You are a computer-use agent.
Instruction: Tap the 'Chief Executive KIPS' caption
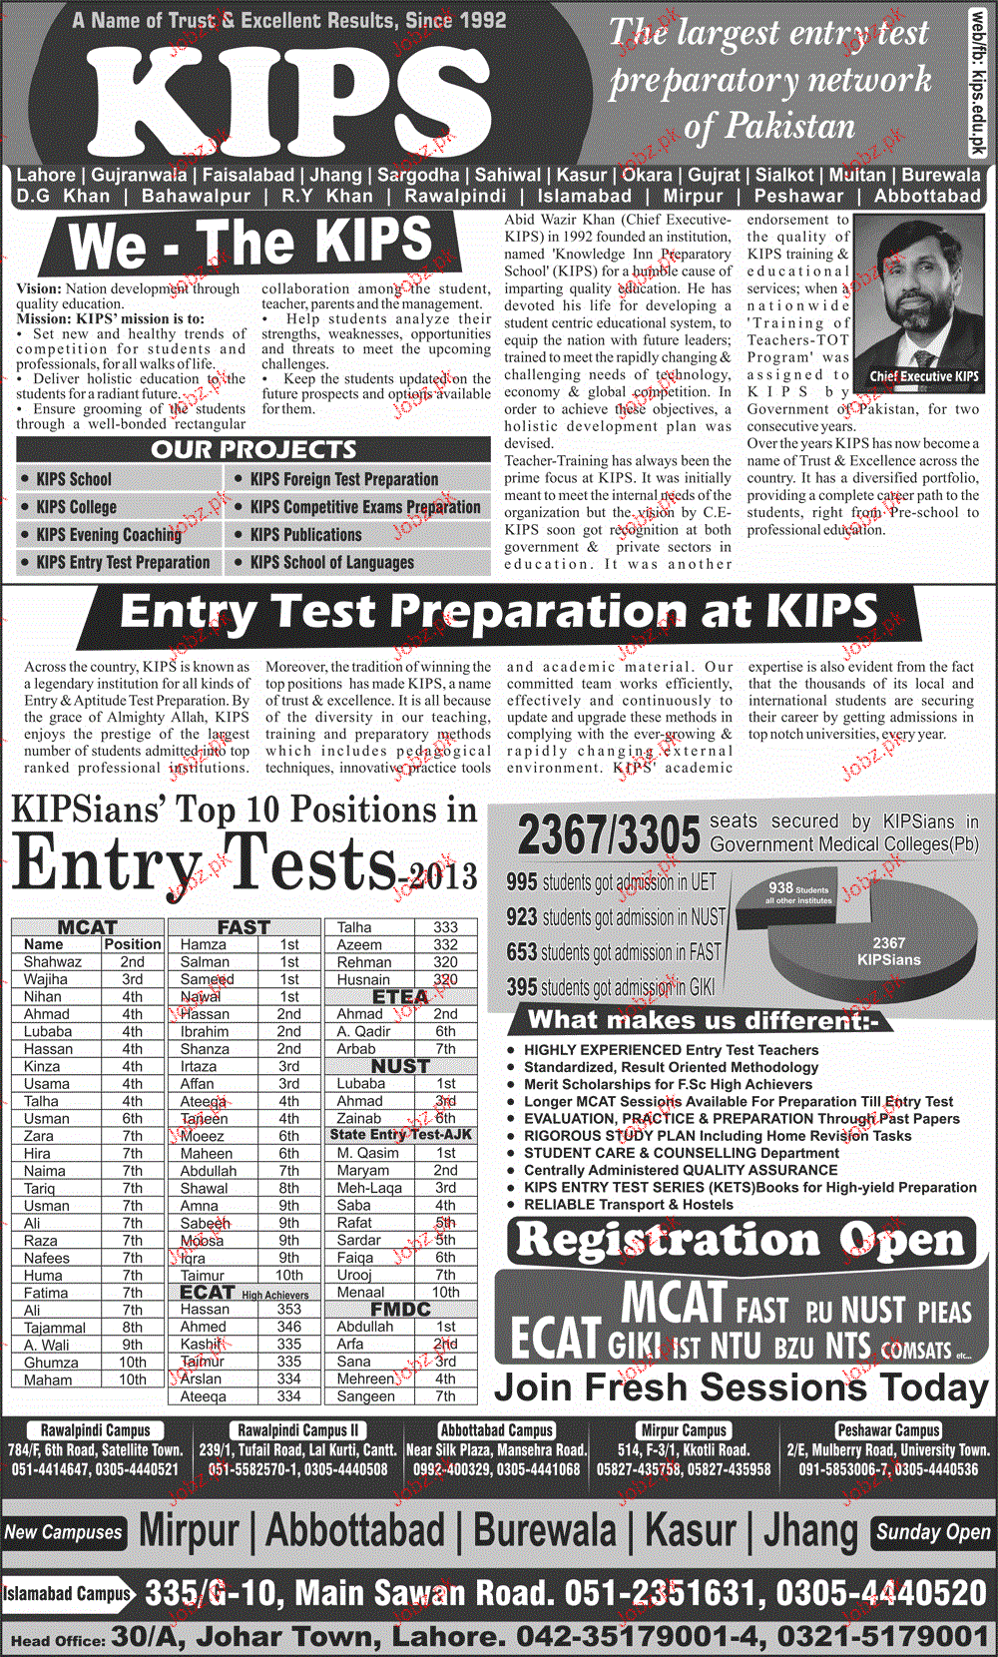click(x=923, y=376)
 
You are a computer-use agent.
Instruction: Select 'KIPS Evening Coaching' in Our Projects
click(x=109, y=535)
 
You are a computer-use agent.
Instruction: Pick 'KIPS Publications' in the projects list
click(x=305, y=535)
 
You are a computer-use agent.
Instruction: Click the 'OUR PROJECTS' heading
click(x=253, y=449)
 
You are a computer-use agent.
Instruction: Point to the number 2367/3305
click(x=609, y=834)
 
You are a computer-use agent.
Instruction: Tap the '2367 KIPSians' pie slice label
click(x=888, y=951)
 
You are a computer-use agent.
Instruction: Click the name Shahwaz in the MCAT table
click(x=53, y=961)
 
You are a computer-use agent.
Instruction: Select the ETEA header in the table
click(x=399, y=996)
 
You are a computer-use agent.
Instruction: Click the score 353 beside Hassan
click(x=288, y=1309)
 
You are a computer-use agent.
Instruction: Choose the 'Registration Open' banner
click(x=741, y=1241)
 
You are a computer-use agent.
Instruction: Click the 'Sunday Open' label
click(x=933, y=1532)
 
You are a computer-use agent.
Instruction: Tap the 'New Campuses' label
click(x=63, y=1532)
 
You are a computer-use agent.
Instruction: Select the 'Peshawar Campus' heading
click(x=888, y=1430)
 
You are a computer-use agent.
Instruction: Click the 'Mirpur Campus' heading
click(x=684, y=1430)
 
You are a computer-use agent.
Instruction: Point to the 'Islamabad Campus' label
click(x=67, y=1594)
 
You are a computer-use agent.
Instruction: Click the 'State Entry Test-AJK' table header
click(x=400, y=1135)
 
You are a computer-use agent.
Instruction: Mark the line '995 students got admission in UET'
click(x=611, y=882)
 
